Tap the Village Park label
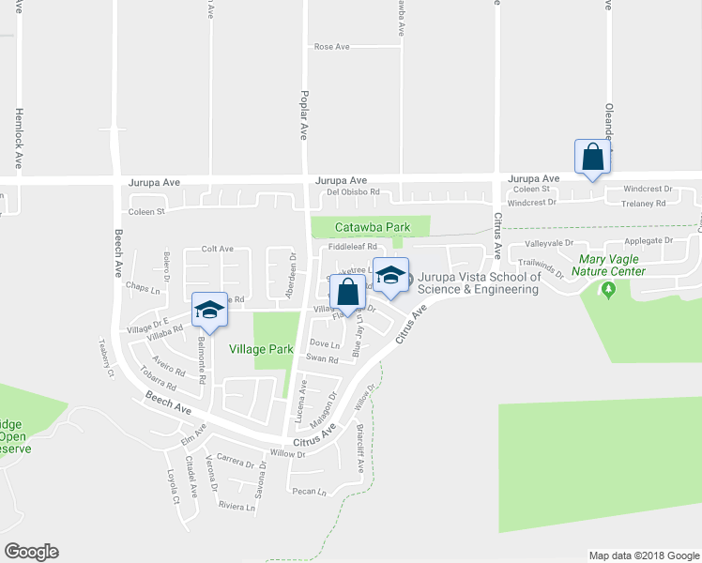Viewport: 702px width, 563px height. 262,349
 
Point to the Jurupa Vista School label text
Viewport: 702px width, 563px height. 479,283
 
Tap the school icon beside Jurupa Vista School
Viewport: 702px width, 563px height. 390,273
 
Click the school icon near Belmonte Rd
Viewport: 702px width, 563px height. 209,310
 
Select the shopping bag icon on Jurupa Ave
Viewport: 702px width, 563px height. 593,156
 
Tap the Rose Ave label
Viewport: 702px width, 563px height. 331,46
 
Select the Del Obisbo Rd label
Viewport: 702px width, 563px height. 352,192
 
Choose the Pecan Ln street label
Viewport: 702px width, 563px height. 309,491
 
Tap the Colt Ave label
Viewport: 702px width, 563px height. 217,249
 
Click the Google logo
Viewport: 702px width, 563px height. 31,552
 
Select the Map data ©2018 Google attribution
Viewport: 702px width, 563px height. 643,555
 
